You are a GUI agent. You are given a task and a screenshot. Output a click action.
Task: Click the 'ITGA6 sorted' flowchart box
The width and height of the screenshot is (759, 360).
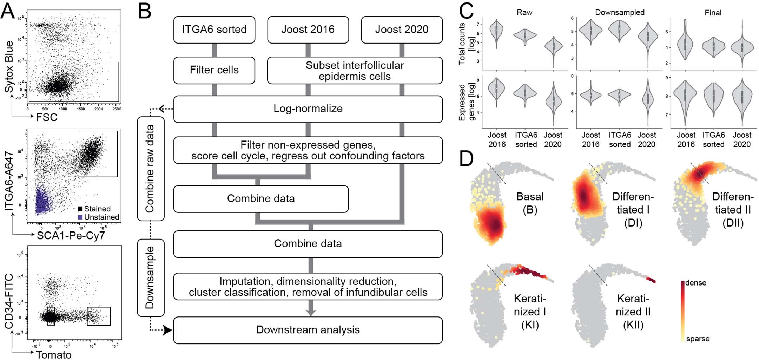tap(214, 30)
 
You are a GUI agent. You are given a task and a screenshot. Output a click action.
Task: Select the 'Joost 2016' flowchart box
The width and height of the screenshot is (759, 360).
tap(308, 30)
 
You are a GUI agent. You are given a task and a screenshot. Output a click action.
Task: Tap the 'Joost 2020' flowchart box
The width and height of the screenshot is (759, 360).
tap(402, 30)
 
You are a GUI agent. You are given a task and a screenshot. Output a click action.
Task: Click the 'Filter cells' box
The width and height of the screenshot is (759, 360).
tap(214, 70)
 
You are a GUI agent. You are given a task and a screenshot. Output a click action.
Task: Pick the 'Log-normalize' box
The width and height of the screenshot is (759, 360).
tap(308, 109)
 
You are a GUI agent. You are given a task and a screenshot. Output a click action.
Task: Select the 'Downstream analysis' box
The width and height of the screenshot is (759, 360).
tap(308, 330)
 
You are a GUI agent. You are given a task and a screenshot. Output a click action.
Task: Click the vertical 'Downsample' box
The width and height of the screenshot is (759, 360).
tap(150, 277)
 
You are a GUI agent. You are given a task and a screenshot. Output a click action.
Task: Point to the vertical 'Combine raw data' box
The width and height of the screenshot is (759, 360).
tap(150, 169)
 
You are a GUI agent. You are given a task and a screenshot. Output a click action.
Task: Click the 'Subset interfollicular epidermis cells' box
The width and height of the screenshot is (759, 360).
tap(355, 71)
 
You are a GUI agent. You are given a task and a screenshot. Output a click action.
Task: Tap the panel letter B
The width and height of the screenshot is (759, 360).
tap(145, 11)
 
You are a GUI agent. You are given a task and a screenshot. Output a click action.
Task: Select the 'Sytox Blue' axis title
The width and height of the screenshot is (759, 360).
tap(9, 67)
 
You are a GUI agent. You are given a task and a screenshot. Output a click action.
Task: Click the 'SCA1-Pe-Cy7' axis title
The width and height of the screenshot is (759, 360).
tap(71, 235)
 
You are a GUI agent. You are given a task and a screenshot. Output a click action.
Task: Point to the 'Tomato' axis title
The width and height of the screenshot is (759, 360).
tap(53, 355)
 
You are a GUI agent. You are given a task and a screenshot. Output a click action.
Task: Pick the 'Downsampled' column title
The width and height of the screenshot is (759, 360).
tap(620, 13)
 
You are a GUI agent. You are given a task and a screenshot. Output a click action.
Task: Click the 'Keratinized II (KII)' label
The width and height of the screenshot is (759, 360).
tap(633, 312)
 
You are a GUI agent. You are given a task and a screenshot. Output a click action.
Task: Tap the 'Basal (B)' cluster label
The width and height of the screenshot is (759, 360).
tap(530, 203)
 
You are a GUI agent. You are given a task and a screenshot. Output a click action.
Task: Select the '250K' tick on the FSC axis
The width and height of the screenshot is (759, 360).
tap(117, 109)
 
